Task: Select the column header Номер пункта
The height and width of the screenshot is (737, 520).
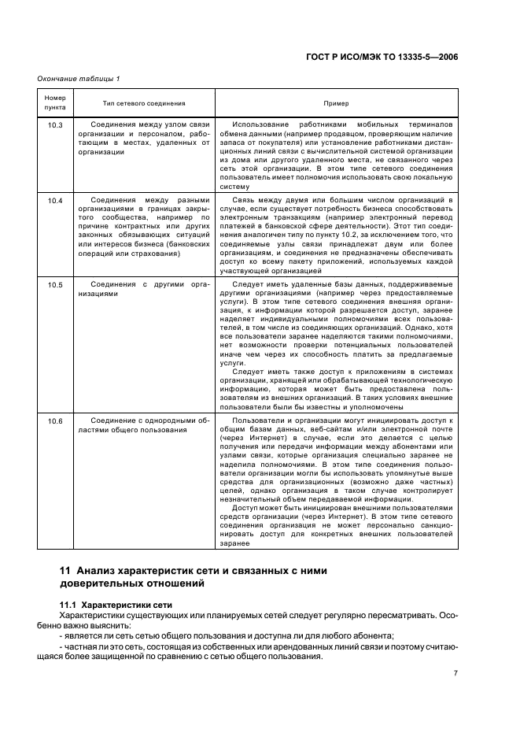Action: point(55,102)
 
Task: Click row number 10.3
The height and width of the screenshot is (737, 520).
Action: point(55,125)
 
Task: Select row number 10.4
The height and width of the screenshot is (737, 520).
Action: point(55,201)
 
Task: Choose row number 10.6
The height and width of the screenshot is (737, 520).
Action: point(55,422)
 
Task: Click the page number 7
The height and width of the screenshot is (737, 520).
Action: point(455,672)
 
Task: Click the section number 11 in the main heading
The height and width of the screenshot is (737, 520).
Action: point(65,570)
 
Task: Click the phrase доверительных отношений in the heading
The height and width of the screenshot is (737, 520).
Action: point(131,583)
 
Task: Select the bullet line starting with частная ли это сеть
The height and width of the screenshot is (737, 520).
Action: point(260,646)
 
